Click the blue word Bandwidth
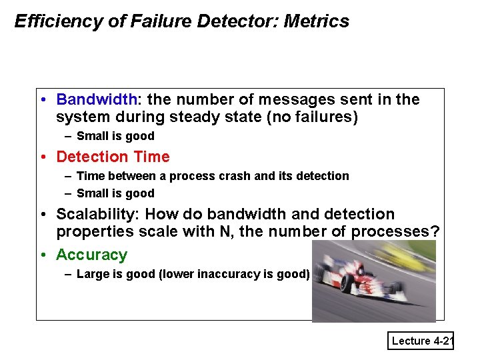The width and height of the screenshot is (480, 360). click(96, 100)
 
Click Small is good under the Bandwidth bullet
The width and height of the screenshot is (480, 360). click(115, 137)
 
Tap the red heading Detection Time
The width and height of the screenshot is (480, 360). click(113, 157)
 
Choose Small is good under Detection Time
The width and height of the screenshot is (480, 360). click(115, 193)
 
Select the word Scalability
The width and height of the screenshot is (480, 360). click(96, 215)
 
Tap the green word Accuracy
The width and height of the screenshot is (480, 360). click(91, 255)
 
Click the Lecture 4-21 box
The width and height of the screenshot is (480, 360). click(422, 341)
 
